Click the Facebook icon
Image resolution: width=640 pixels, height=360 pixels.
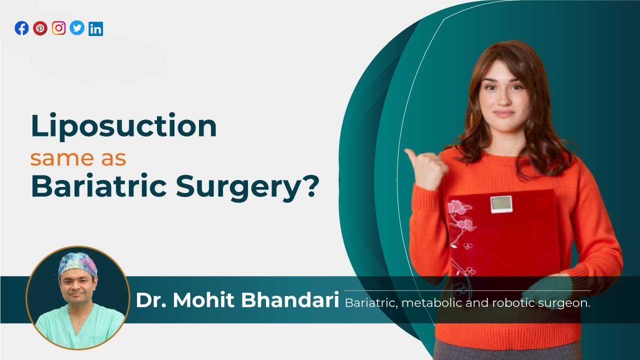[21, 28]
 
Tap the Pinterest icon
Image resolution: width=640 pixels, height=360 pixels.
[40, 28]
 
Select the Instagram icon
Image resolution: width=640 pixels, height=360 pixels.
[58, 28]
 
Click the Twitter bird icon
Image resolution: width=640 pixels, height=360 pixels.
[77, 28]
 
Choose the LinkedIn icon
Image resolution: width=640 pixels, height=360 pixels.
[95, 29]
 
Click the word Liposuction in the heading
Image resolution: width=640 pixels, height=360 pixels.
[123, 127]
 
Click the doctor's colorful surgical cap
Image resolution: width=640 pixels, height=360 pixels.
[77, 263]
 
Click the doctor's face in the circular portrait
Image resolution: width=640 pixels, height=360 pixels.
[77, 287]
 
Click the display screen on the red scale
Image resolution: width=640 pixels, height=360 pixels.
[501, 203]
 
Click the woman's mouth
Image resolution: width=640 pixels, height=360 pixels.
[504, 113]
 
